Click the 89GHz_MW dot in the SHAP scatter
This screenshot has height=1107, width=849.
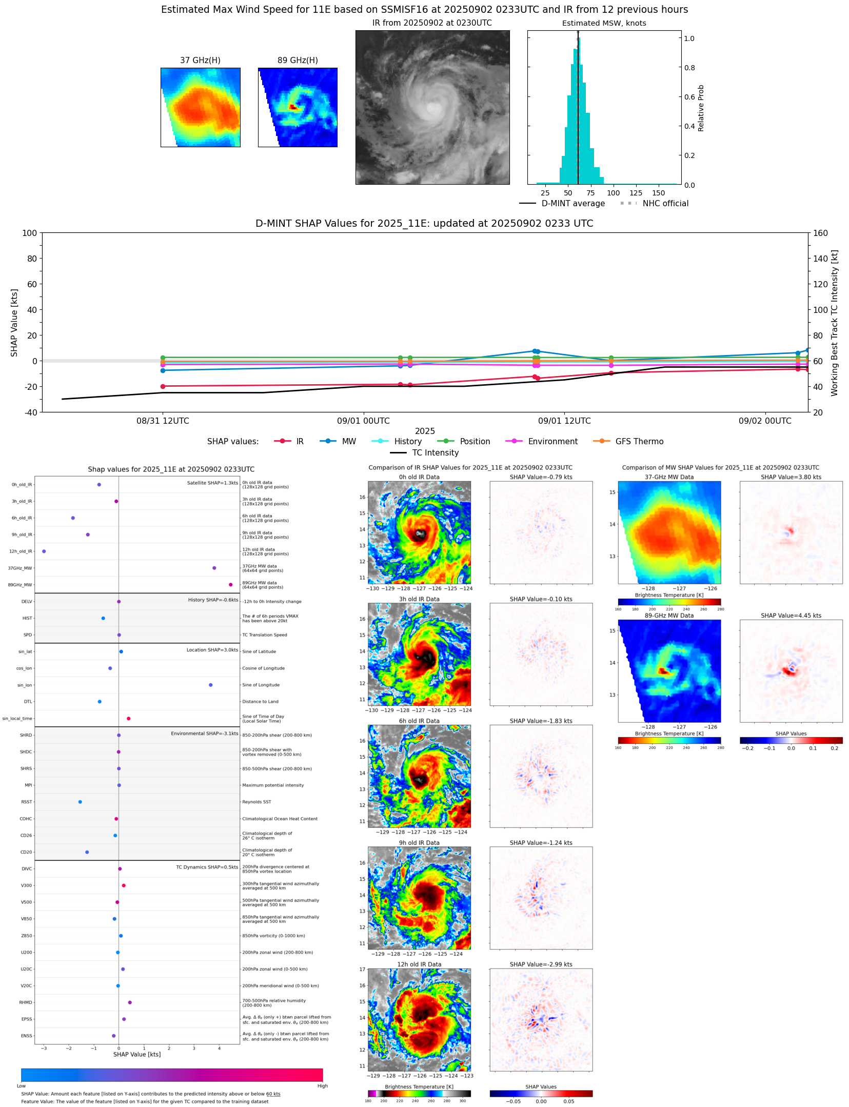pyautogui.click(x=230, y=584)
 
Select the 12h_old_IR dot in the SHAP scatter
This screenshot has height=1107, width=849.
pyautogui.click(x=44, y=551)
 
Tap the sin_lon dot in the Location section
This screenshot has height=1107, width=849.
pyautogui.click(x=210, y=685)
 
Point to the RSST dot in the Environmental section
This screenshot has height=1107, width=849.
pyautogui.click(x=80, y=802)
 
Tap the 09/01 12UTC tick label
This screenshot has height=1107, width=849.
pyautogui.click(x=564, y=421)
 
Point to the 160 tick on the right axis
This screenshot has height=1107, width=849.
pyautogui.click(x=820, y=233)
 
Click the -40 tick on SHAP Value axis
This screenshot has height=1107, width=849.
pyautogui.click(x=30, y=412)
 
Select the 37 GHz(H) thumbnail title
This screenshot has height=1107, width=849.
pyautogui.click(x=200, y=60)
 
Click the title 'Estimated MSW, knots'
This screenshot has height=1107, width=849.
pyautogui.click(x=604, y=23)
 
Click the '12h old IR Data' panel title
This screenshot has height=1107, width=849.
pyautogui.click(x=419, y=964)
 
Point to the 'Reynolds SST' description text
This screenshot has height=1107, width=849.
pyautogui.click(x=256, y=802)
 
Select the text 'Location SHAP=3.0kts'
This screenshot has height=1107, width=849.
pyautogui.click(x=212, y=650)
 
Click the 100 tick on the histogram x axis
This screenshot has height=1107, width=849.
pyautogui.click(x=613, y=193)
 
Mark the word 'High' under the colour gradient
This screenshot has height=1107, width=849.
pyautogui.click(x=322, y=1085)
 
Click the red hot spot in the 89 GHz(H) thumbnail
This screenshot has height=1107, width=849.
pyautogui.click(x=293, y=107)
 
